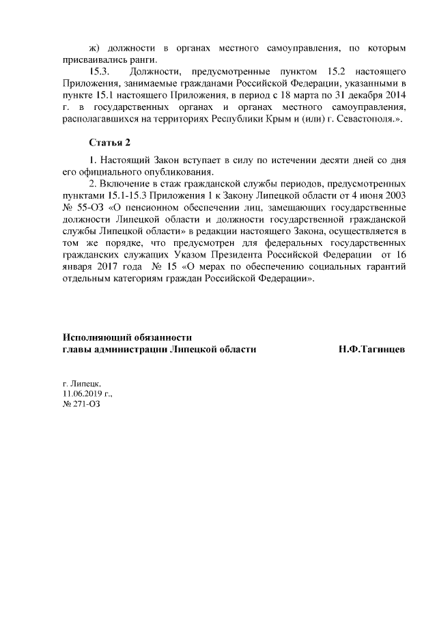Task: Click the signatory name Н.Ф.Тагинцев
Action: point(371,350)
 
